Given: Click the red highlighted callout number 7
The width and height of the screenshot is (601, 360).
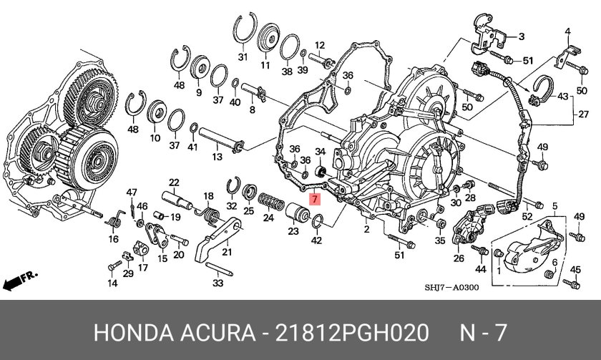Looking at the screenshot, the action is (x=314, y=199).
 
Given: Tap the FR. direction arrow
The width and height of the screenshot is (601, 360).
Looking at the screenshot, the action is (x=20, y=281).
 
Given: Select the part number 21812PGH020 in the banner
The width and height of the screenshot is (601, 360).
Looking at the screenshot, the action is (x=351, y=332).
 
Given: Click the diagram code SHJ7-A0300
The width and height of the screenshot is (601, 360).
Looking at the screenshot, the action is (x=451, y=288).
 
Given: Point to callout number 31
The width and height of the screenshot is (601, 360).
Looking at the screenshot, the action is (x=243, y=57).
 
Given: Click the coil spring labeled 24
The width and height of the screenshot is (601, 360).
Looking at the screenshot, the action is (x=271, y=202).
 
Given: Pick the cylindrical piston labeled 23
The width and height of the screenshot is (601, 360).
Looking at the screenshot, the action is (x=298, y=213).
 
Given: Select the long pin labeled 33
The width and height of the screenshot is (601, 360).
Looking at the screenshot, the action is (x=219, y=269).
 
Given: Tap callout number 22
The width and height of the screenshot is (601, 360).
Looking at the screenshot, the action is (x=174, y=182).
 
